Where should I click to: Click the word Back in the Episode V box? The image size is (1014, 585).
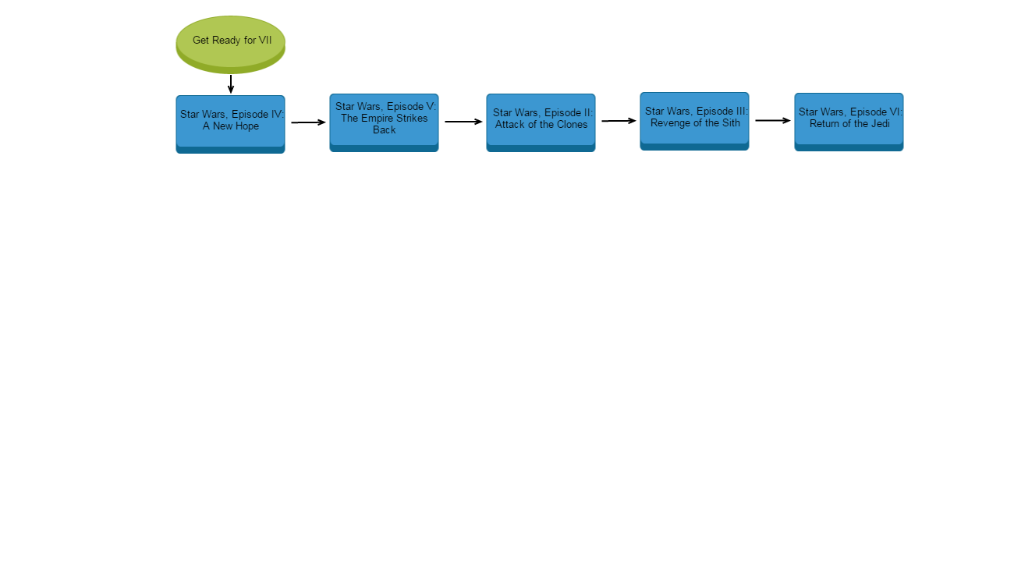coord(384,130)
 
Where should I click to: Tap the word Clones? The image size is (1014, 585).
coord(572,125)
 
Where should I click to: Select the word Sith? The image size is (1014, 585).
coord(730,123)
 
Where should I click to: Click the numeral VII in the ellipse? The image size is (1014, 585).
coord(265,41)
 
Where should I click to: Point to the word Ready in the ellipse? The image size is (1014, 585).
coord(227,41)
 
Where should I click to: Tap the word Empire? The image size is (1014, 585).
coord(378,119)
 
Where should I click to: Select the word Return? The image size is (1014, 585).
coord(824,124)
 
